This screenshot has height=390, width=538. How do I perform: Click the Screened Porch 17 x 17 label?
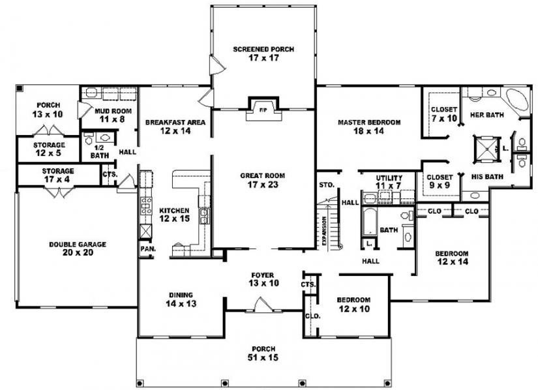pos(263,53)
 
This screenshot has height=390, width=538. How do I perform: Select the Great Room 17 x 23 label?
pos(262,179)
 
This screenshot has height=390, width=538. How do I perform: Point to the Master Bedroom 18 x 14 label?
pos(368,127)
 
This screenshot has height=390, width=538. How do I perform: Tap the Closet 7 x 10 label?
pos(443,113)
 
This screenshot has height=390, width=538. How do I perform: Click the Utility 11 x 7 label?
pos(389,182)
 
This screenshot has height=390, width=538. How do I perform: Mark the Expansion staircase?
pos(329,225)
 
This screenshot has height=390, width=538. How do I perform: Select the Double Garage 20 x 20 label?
pos(78,248)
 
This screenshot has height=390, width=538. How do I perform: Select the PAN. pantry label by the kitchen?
pos(145,249)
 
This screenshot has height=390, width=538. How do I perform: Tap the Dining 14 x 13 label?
pos(179,299)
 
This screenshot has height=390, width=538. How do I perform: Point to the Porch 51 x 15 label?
pos(266,352)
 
